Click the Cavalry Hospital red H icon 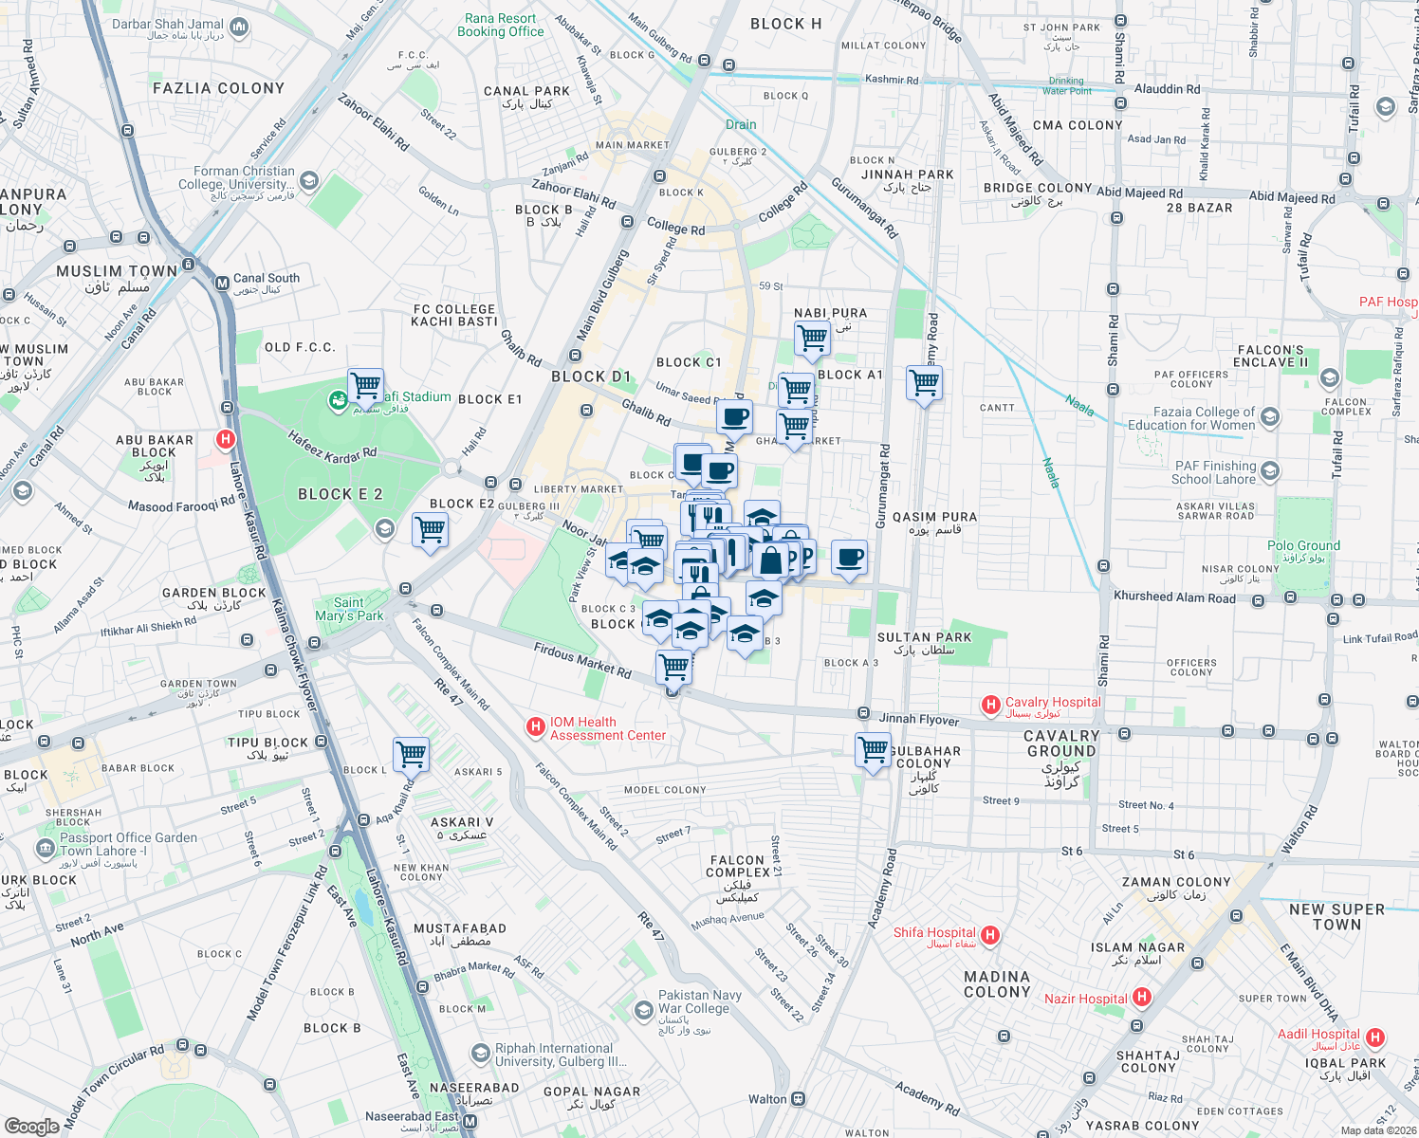(990, 705)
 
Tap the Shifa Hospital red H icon (990, 936)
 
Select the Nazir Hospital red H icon (1142, 997)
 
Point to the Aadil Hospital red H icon (1374, 1037)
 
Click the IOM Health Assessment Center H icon (536, 727)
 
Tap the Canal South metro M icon (222, 283)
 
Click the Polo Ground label (1303, 546)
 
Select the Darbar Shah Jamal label (168, 25)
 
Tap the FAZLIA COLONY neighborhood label (218, 88)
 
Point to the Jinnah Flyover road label (918, 720)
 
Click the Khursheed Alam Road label (1174, 597)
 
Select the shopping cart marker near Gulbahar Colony (873, 750)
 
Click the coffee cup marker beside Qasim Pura (850, 558)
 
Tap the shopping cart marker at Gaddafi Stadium (365, 386)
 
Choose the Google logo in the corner (31, 1126)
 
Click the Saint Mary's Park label (349, 609)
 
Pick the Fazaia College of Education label (1190, 418)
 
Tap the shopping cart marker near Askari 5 (412, 756)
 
